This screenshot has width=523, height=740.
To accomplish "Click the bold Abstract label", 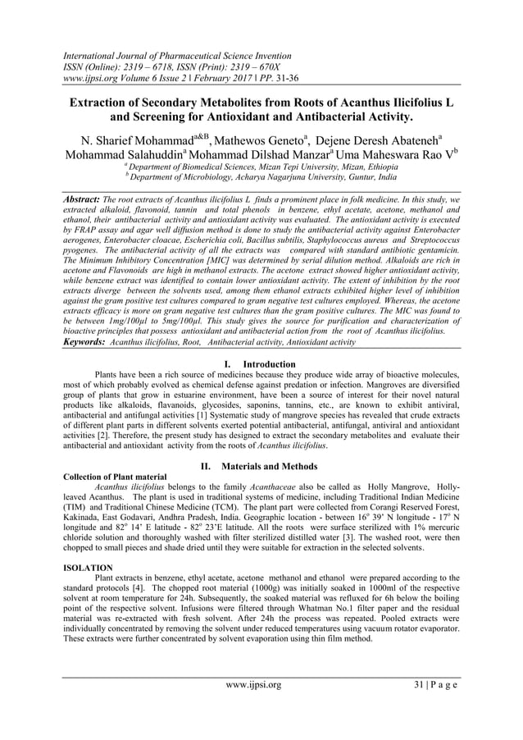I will tap(84, 199).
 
